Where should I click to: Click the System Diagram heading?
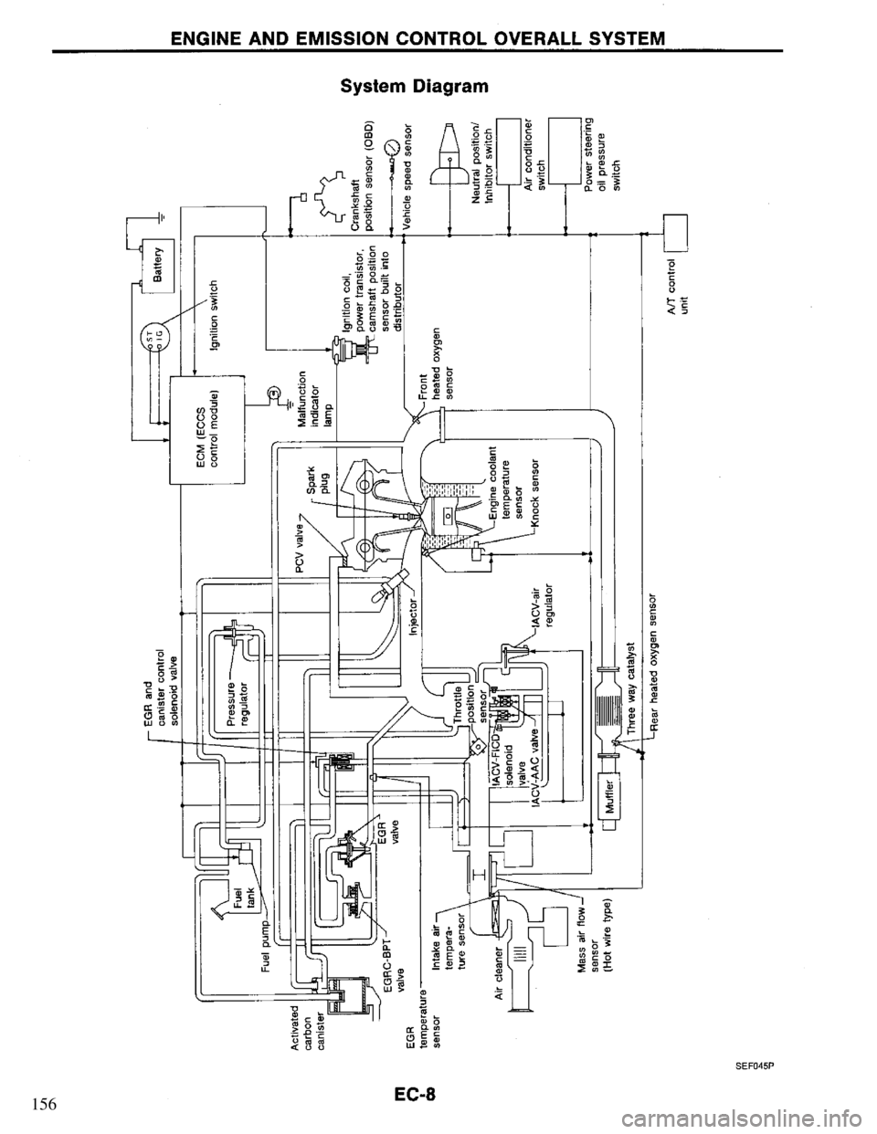415,87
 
